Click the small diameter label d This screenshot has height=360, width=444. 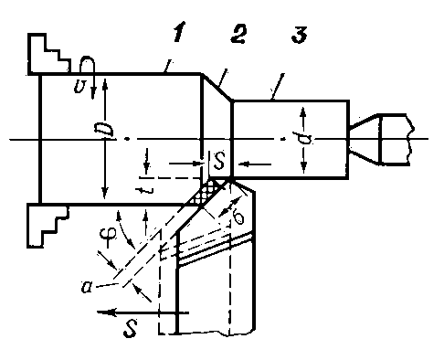pos(301,138)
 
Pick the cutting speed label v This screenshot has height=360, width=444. pos(79,87)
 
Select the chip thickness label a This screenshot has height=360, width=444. pos(87,287)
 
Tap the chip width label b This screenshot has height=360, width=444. pos(238,217)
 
